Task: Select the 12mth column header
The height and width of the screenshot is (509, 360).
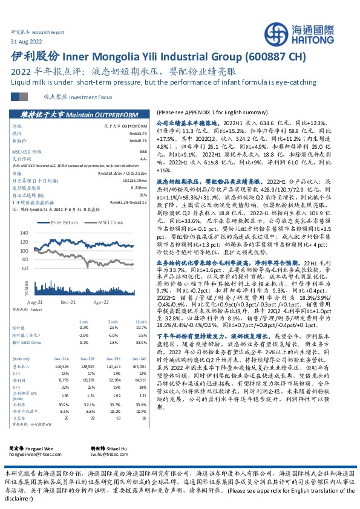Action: click(x=141, y=322)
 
